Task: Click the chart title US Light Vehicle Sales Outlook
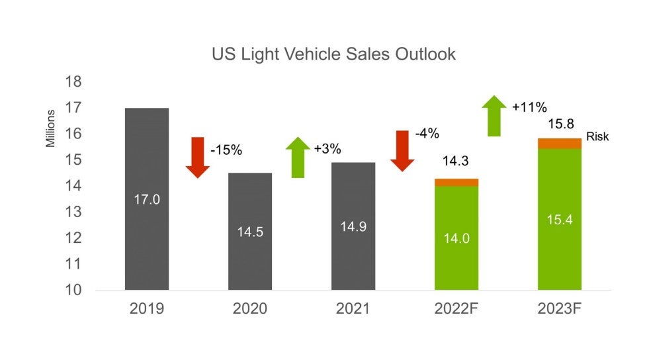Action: (333, 54)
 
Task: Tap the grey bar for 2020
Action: (249, 199)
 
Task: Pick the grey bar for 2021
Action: (353, 192)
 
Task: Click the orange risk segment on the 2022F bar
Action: (456, 182)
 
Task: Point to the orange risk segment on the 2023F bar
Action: (559, 143)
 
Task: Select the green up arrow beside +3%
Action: (298, 157)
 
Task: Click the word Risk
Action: (597, 137)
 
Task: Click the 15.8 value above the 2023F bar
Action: (559, 124)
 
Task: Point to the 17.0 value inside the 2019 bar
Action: (146, 199)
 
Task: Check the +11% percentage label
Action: (529, 107)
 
